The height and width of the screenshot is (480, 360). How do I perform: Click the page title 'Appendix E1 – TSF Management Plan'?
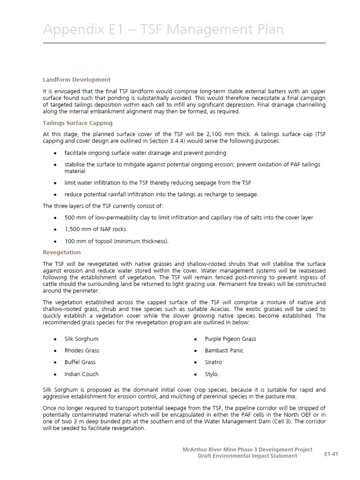(x=163, y=30)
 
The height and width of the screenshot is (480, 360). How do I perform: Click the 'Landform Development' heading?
(x=76, y=80)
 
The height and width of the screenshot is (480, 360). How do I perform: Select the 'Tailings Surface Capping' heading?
(x=78, y=123)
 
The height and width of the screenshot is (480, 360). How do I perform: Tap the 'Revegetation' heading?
(x=62, y=252)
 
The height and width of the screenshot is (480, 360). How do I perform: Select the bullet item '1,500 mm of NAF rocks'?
(x=95, y=229)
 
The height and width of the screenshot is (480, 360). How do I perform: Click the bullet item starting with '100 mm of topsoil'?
(x=116, y=241)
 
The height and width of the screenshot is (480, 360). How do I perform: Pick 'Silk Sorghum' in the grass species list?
(x=82, y=338)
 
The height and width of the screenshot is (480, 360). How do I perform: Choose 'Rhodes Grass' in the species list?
(x=82, y=350)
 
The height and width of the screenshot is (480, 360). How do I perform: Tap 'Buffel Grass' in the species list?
(x=80, y=362)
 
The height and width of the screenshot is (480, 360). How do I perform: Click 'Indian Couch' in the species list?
(x=82, y=374)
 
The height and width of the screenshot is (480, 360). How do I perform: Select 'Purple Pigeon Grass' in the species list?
(x=230, y=338)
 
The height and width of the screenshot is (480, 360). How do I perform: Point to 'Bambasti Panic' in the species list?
(x=224, y=350)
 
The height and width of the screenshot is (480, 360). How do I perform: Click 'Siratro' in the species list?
(x=213, y=362)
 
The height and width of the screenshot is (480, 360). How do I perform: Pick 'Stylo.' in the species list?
(x=212, y=374)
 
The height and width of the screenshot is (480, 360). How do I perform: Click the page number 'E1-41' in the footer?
(x=331, y=454)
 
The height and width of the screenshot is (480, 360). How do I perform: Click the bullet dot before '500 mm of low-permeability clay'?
(x=55, y=217)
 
